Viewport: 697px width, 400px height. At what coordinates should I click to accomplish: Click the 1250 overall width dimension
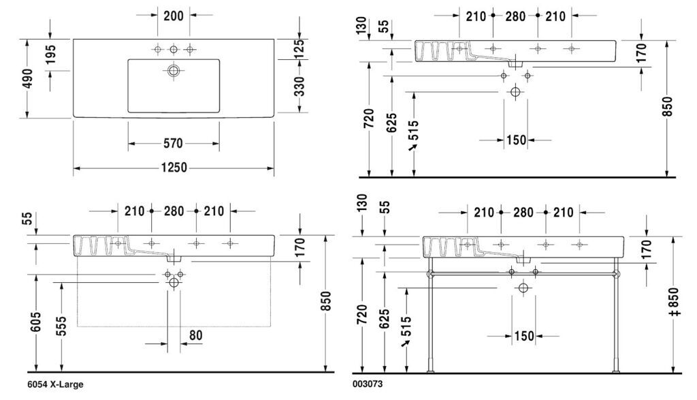click(x=174, y=168)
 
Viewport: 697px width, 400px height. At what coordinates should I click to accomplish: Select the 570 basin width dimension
click(x=173, y=143)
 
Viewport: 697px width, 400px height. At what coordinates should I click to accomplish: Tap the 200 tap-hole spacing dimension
click(x=174, y=16)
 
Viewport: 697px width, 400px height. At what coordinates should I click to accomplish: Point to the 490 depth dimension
click(x=27, y=79)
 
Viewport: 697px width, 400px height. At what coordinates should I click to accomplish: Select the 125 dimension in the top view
click(x=299, y=48)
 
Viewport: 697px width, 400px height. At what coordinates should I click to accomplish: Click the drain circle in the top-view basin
click(x=174, y=70)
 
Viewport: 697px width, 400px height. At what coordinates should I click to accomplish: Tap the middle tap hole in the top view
click(x=174, y=49)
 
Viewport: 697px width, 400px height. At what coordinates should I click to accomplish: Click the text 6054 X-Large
click(x=55, y=384)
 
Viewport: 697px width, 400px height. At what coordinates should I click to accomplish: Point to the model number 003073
click(x=367, y=384)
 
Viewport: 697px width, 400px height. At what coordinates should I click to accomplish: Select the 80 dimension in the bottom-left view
click(x=195, y=335)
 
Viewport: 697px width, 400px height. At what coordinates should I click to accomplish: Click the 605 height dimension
click(x=37, y=322)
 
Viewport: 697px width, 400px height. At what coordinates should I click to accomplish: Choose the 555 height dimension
click(x=62, y=326)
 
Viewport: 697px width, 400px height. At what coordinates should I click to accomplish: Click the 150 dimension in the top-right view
click(x=516, y=140)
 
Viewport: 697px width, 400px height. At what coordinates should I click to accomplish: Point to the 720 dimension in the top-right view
click(x=368, y=119)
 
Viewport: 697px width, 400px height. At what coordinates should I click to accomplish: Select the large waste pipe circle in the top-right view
click(x=515, y=92)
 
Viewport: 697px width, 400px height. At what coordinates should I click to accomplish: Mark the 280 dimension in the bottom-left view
click(x=174, y=211)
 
